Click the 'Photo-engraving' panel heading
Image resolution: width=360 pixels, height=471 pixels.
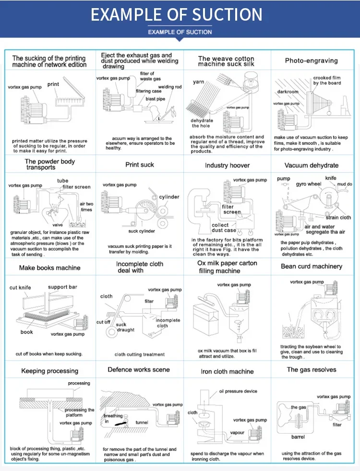311,61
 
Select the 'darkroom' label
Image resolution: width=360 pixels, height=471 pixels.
288,92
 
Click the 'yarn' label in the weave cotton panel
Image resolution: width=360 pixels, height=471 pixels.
199,82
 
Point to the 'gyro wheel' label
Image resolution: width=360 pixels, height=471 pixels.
308,184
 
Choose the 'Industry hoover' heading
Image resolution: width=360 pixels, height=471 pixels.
227,165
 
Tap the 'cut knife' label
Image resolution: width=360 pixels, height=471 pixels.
20,288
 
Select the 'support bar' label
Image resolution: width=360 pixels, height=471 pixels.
62,287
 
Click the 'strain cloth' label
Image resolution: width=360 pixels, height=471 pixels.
338,218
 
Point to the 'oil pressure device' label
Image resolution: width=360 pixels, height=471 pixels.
238,391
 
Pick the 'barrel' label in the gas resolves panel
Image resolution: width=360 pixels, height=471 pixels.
298,437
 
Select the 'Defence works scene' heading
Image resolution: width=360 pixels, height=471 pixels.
139,370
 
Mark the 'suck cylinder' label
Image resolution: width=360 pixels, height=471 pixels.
142,231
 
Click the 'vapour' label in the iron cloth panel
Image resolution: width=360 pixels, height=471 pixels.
237,433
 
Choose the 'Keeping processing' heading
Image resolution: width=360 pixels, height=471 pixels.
49,371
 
